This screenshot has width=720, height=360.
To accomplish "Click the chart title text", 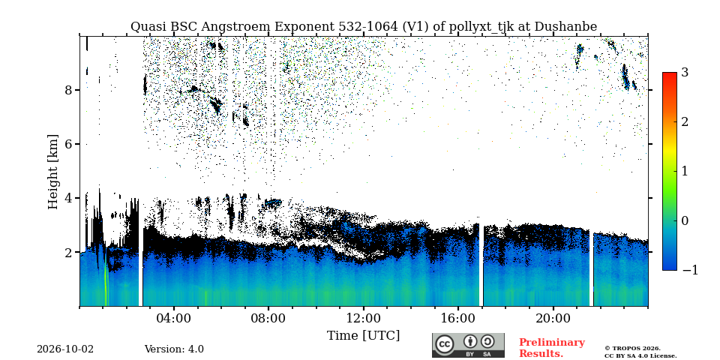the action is (364, 27).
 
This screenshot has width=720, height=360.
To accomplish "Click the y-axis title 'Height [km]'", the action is (53, 172).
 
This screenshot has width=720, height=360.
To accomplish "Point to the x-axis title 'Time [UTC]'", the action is (363, 336).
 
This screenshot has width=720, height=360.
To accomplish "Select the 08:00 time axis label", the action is (268, 318).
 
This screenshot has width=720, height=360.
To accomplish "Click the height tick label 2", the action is (69, 252).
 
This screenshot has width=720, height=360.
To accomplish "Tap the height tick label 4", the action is (69, 198).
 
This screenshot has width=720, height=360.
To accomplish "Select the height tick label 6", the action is (69, 144).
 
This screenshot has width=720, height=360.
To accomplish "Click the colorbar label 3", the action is (685, 73).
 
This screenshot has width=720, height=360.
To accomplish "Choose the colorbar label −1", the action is (690, 270).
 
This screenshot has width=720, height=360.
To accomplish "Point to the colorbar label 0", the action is (685, 220).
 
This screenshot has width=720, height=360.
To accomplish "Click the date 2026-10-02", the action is (65, 349).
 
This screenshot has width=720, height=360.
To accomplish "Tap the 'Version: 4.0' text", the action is (174, 349).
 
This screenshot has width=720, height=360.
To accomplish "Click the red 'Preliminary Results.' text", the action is (552, 348).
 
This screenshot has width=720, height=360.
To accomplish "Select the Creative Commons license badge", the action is (468, 345).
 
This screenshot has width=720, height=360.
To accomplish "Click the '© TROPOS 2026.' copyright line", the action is (632, 349).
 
